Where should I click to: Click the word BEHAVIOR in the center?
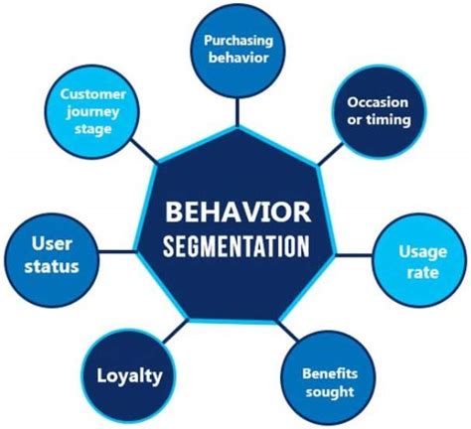[237, 211]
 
